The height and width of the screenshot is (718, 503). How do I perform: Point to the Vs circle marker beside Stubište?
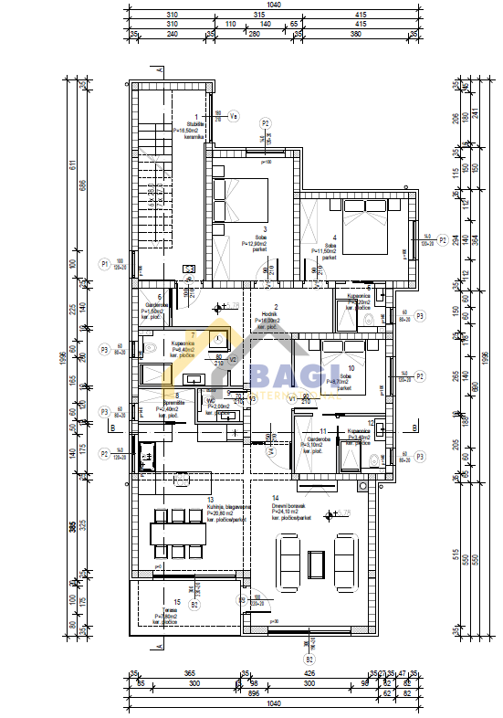point(233,116)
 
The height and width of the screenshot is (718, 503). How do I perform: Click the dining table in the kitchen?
point(179,531)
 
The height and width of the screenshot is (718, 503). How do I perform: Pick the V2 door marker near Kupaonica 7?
point(232,360)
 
